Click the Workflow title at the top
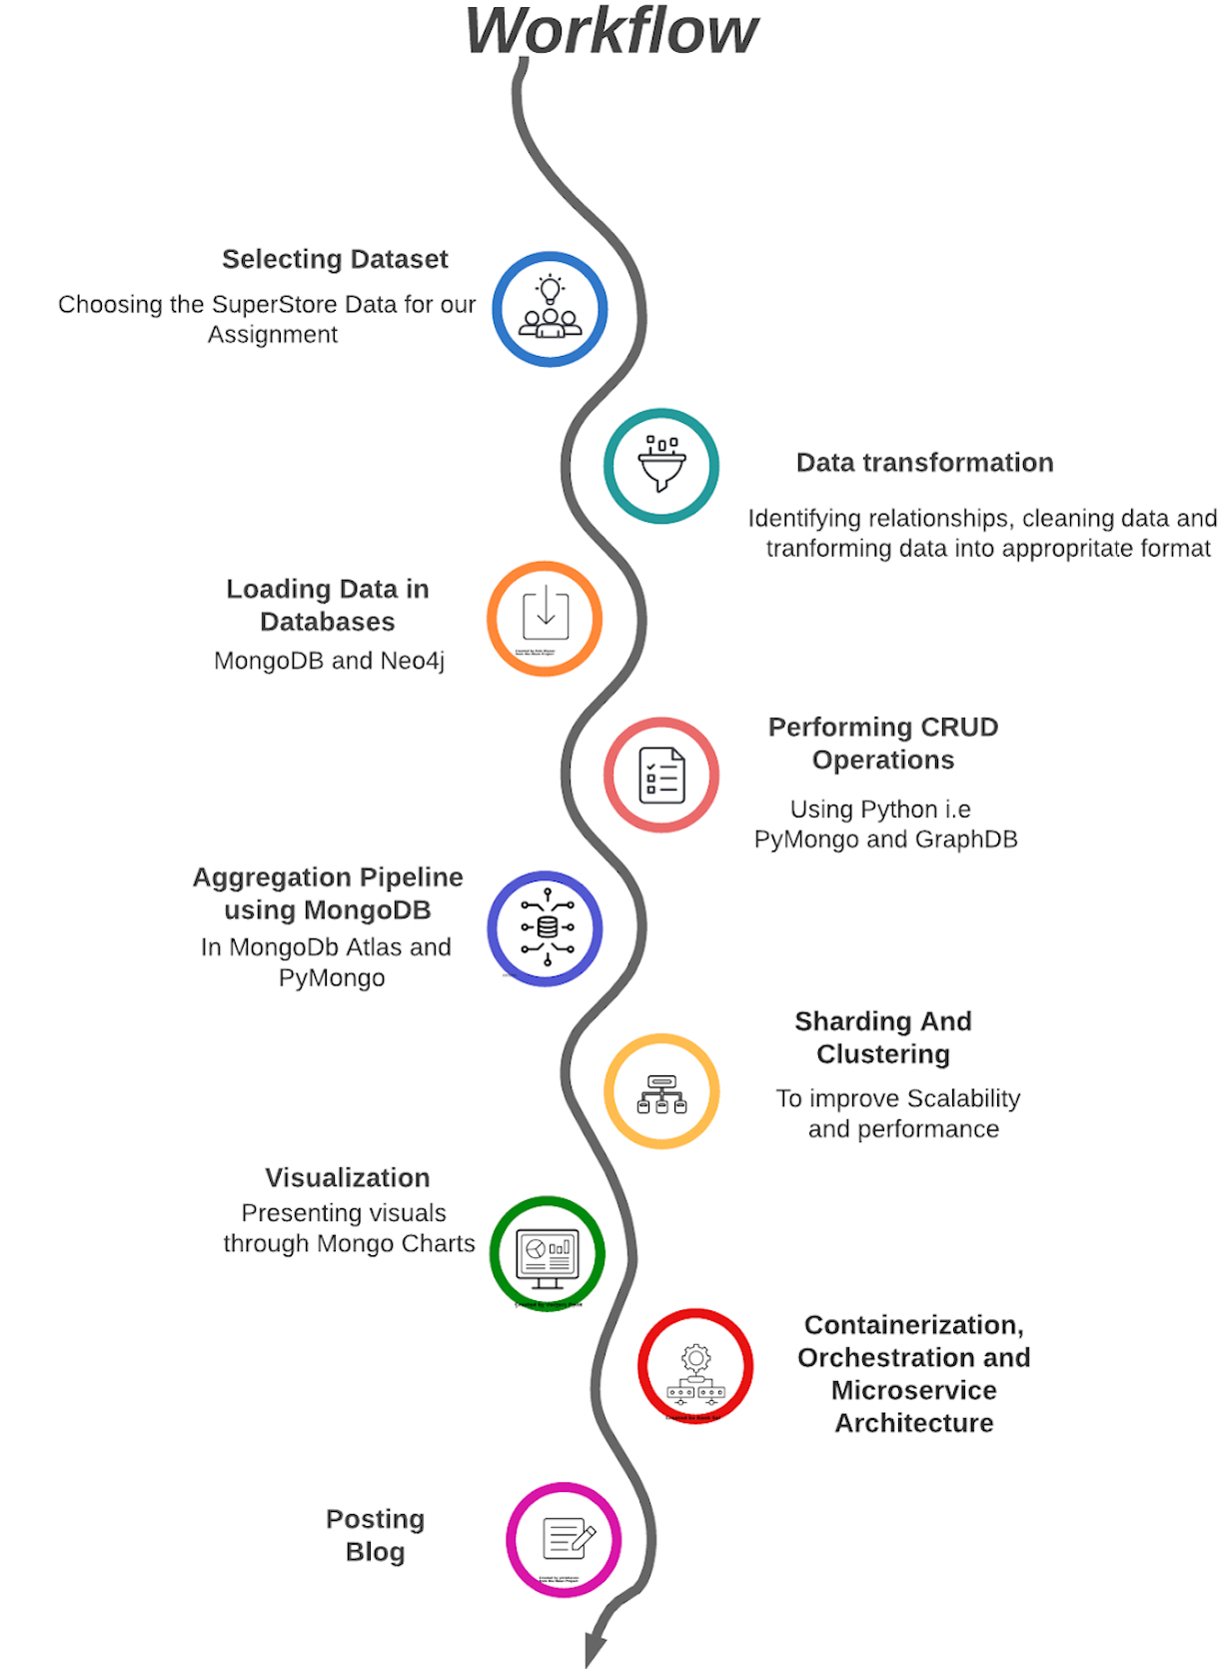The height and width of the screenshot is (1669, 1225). [612, 32]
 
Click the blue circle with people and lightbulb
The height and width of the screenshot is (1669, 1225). [550, 310]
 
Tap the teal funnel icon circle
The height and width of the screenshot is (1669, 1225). [661, 466]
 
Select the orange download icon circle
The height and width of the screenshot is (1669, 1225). [545, 619]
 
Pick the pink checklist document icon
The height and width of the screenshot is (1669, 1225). [661, 775]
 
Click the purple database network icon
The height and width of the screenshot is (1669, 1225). [546, 928]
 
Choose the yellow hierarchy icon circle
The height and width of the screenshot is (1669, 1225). [661, 1091]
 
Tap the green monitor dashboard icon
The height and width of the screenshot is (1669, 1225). [548, 1253]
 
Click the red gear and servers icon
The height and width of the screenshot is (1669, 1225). [695, 1366]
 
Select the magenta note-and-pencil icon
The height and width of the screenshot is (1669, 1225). [564, 1540]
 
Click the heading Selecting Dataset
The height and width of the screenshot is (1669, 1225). [335, 259]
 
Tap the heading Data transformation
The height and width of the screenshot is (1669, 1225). [924, 463]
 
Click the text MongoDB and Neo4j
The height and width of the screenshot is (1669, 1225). [329, 661]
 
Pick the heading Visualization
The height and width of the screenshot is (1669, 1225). [347, 1177]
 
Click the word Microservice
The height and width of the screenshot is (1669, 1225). [913, 1390]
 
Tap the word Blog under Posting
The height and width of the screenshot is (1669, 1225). [375, 1552]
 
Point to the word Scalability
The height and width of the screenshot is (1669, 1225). [963, 1098]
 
